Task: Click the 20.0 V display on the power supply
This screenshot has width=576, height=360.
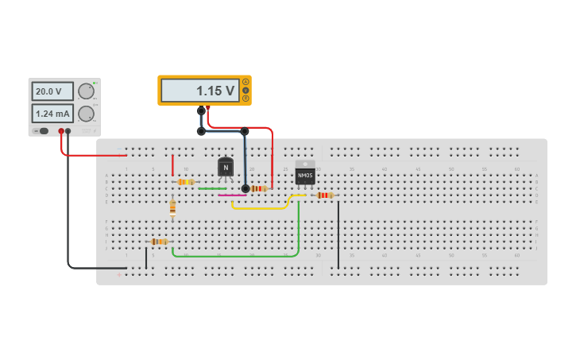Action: point(52,91)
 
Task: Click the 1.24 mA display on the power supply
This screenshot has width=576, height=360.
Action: point(52,114)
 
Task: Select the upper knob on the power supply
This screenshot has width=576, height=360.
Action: point(86,91)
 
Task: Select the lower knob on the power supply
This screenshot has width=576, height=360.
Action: point(86,114)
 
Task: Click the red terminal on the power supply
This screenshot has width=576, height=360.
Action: point(61,131)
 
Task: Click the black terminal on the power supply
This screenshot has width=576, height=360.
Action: point(68,131)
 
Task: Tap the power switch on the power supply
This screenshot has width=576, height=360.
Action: point(42,131)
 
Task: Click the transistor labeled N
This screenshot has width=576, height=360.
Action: point(226,167)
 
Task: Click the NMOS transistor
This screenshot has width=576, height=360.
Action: point(305,173)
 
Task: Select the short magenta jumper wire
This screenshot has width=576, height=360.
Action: point(231,195)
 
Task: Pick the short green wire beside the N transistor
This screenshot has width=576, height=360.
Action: point(211,188)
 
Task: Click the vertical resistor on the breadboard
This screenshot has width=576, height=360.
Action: point(172,207)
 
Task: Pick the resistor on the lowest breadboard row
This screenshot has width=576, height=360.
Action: point(159,242)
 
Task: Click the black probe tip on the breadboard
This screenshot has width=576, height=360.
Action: point(245,188)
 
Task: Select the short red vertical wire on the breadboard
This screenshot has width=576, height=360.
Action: point(172,165)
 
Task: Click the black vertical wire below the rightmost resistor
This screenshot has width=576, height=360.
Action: point(338,234)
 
